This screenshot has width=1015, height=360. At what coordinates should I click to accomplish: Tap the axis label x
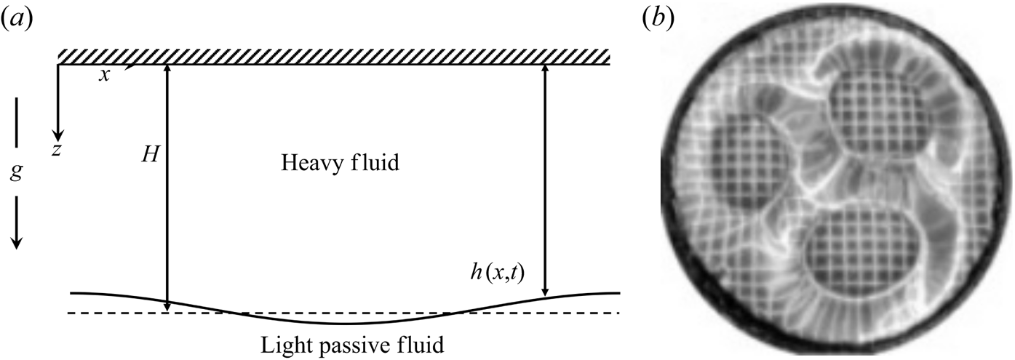point(105,75)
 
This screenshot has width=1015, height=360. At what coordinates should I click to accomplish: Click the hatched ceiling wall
point(342,56)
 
